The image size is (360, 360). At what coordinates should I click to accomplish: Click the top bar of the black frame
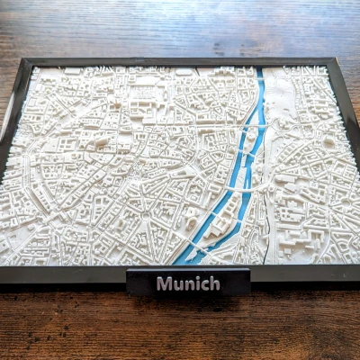point(180,62)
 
